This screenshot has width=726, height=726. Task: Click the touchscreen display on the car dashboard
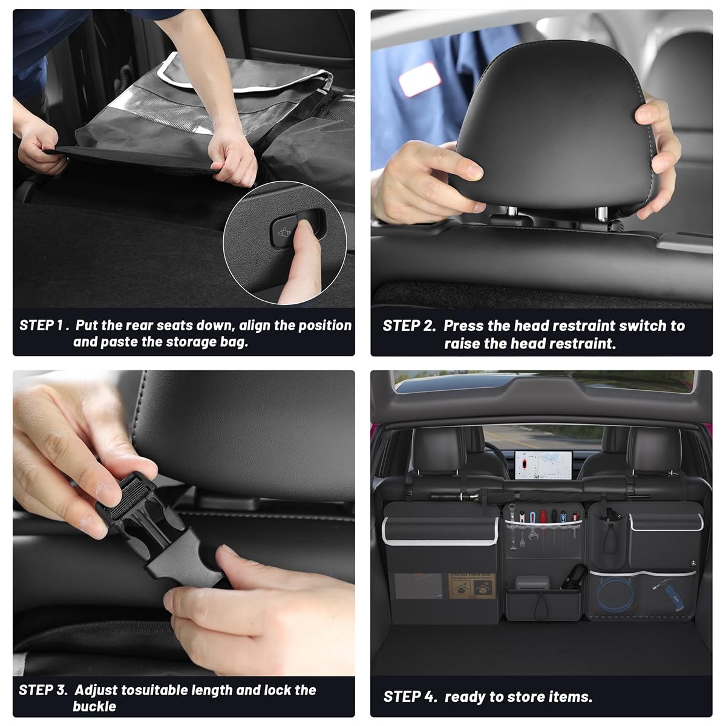pos(543,465)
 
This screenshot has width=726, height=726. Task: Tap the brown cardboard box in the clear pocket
pos(471,586)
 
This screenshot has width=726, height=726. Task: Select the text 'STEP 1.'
pos(44,325)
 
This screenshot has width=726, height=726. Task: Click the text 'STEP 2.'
pos(409,326)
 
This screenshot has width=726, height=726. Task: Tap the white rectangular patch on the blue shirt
pos(420,79)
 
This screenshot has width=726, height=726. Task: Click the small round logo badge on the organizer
pos(693,563)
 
